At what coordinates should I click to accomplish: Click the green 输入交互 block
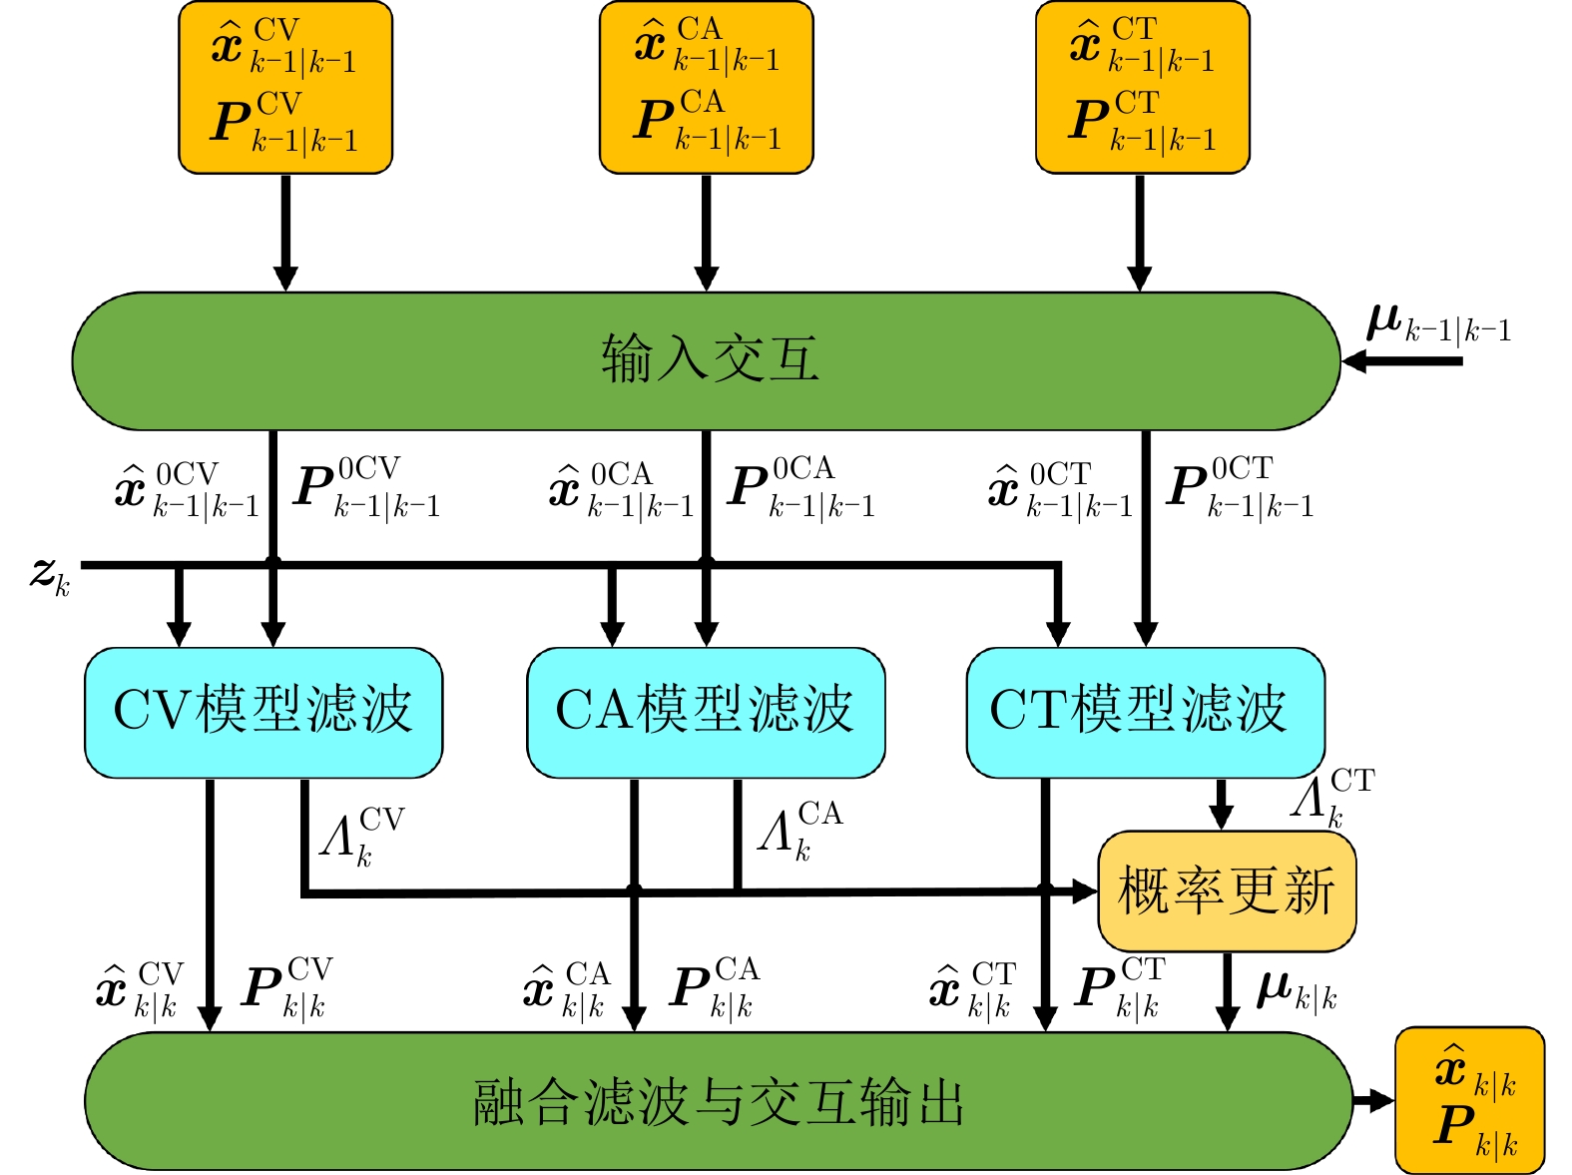point(706,360)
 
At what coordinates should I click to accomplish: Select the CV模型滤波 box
point(263,712)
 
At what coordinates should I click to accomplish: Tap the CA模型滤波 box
point(706,712)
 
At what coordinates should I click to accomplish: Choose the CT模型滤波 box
point(1145,712)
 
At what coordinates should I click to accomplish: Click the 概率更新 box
point(1227,890)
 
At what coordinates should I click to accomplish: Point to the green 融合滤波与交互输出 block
point(719,1101)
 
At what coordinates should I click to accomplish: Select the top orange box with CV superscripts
point(285,88)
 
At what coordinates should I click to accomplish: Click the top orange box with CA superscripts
point(707,88)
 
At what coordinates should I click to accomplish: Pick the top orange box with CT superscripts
point(1142,88)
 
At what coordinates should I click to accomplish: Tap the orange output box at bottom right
point(1469,1100)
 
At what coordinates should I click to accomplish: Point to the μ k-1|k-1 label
point(1437,323)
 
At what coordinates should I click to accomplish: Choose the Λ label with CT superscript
point(1331,797)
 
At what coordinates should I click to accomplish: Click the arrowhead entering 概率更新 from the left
point(1085,890)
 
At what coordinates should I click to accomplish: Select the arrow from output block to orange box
point(1374,1101)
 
